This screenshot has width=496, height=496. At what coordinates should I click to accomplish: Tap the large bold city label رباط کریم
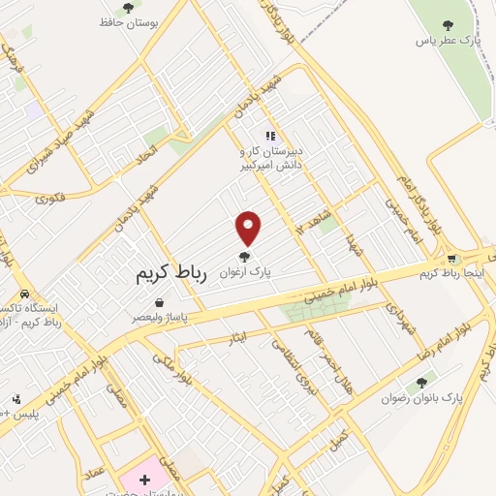pos(173,275)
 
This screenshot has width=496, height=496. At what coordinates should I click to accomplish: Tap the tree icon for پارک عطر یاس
pos(447,25)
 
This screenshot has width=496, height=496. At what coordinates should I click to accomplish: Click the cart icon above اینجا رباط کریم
pos(451,259)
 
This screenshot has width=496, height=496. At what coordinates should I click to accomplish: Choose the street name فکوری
pos(51,199)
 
